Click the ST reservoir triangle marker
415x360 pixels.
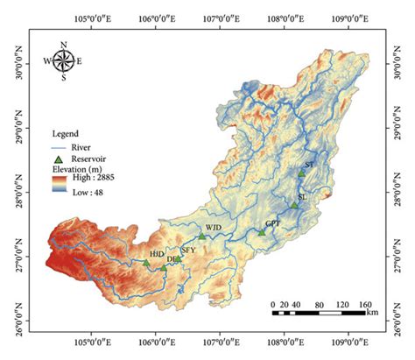(x=301, y=173)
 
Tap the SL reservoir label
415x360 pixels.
(x=302, y=197)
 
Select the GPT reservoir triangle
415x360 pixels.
(x=261, y=231)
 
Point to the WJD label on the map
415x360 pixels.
(x=214, y=228)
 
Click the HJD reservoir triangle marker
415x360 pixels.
(x=146, y=262)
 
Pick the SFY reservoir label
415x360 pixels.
(x=188, y=251)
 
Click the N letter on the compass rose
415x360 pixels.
(x=63, y=44)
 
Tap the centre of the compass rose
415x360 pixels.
(x=63, y=60)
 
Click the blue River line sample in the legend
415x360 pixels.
(x=60, y=145)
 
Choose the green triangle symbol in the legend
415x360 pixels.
(x=60, y=159)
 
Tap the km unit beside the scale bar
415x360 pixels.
(x=372, y=312)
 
